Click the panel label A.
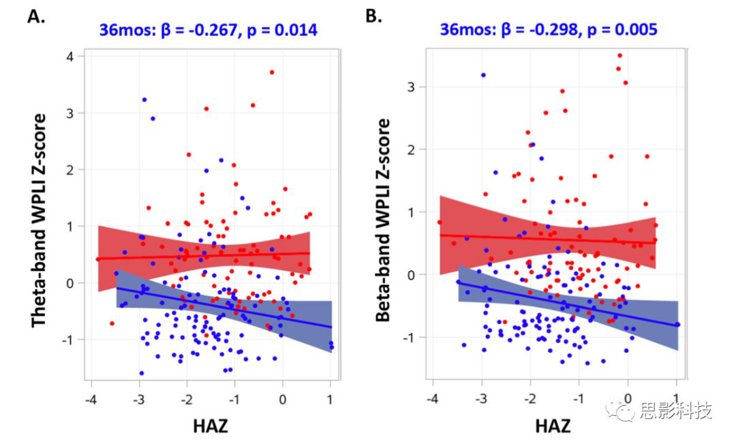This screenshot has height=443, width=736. click(36, 16)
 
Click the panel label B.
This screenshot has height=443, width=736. click(375, 16)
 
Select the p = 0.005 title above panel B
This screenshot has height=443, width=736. click(549, 30)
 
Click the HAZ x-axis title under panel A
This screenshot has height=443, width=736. click(210, 426)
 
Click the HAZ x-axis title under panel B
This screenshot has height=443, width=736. click(554, 426)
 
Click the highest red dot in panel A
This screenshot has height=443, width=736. click(272, 72)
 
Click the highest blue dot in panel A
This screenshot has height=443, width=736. click(144, 100)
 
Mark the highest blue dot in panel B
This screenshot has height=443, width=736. click(483, 75)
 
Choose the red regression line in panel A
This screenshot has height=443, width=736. click(204, 255)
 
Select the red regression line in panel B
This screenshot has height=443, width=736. click(545, 237)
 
